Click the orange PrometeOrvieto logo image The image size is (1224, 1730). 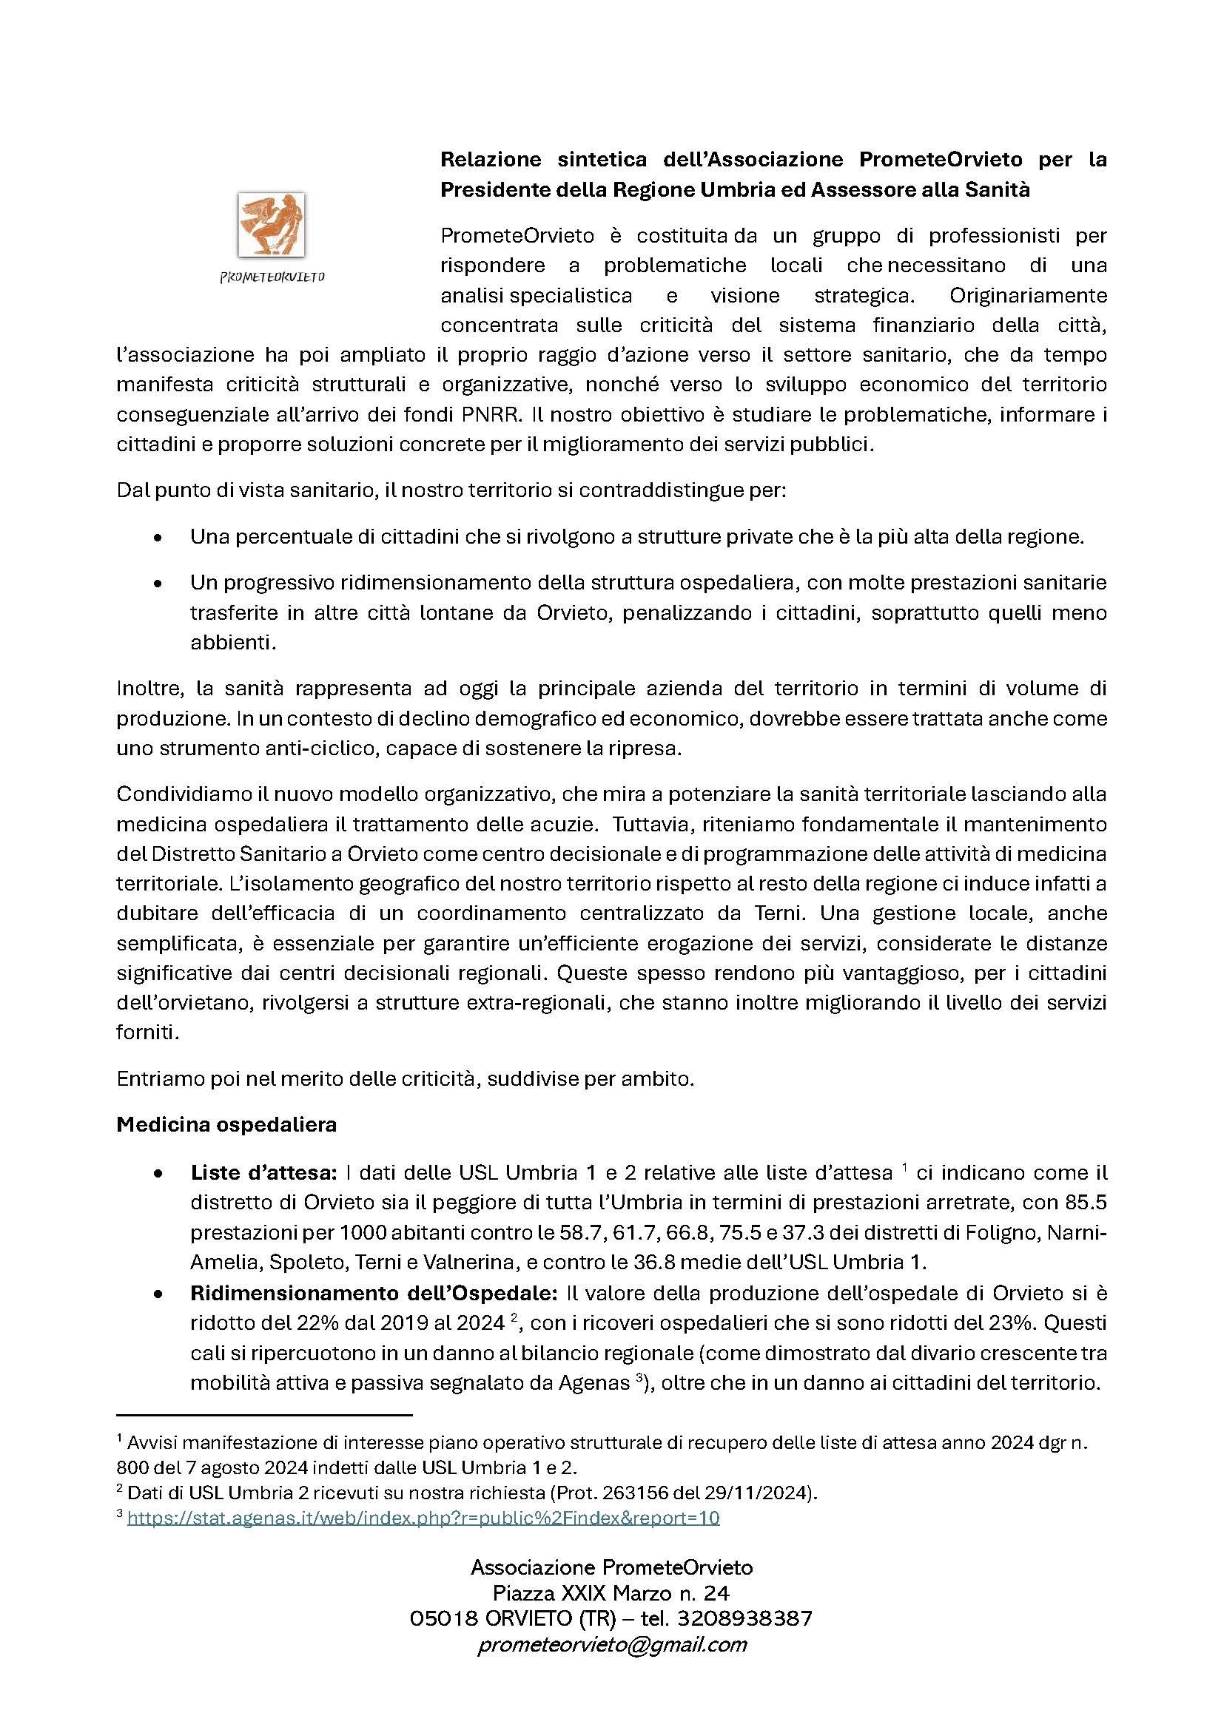click(272, 224)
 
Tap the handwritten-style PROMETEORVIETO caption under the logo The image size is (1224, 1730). click(272, 277)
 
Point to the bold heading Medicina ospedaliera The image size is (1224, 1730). click(226, 1124)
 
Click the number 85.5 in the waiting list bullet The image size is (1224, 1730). click(1086, 1203)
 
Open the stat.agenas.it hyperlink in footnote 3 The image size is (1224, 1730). click(423, 1518)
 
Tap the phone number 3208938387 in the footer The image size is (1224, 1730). click(744, 1618)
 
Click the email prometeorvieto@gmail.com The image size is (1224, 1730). click(612, 1644)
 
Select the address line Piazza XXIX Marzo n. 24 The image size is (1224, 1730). click(611, 1593)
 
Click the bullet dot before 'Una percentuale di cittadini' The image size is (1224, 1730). click(158, 538)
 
